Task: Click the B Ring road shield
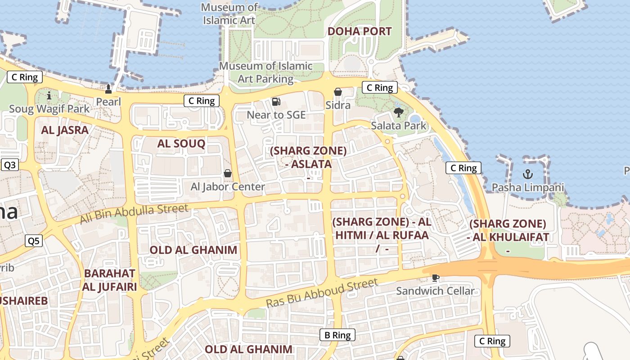tap(337, 335)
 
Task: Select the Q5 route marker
tap(34, 241)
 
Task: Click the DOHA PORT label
tap(359, 31)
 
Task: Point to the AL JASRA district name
tap(65, 130)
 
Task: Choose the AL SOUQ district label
tap(181, 144)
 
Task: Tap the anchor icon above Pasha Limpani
tap(527, 174)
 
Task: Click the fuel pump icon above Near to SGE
tap(276, 102)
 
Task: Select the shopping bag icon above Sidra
tap(338, 92)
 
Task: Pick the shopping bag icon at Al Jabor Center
tap(228, 173)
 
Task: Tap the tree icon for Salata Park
tap(398, 112)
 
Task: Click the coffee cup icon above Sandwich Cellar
tap(435, 278)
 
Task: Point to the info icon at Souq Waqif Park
tap(49, 95)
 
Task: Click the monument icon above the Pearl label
tap(108, 88)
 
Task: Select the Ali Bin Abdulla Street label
tap(134, 214)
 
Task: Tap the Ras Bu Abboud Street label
tap(322, 293)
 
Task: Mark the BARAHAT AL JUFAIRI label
tap(109, 279)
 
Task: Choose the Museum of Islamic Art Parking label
tap(265, 72)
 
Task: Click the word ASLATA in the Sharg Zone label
tap(311, 164)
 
